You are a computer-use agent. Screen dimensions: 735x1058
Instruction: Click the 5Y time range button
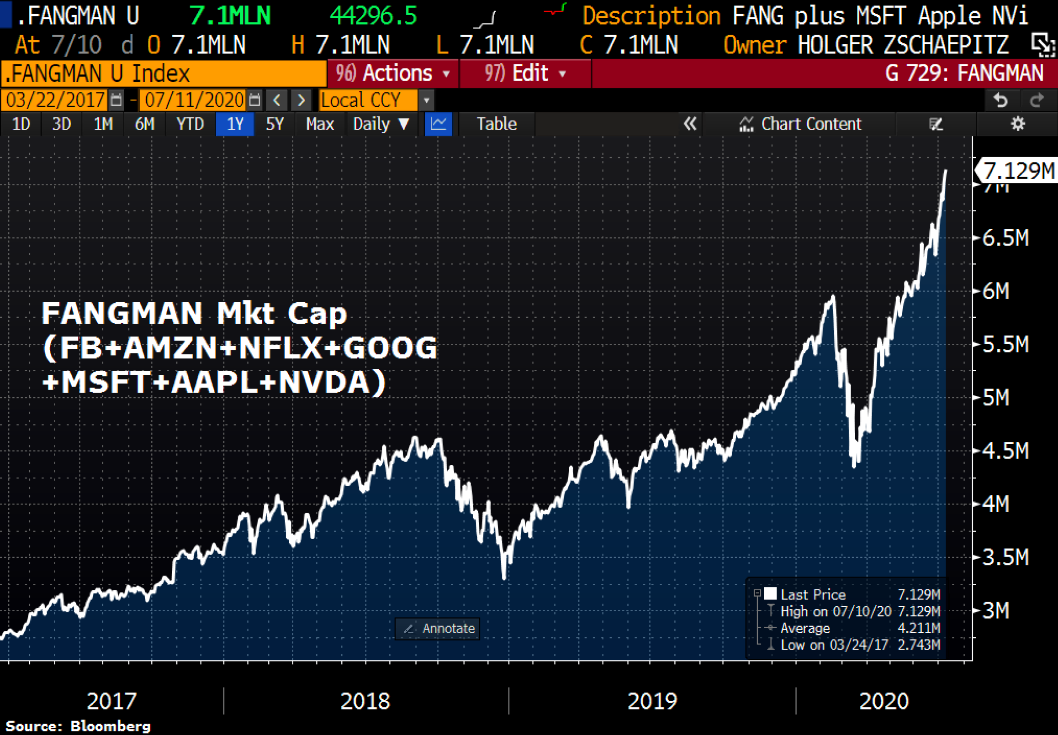[275, 124]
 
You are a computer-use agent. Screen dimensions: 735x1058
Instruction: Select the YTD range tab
[190, 124]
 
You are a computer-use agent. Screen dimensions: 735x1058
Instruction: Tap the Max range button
[320, 124]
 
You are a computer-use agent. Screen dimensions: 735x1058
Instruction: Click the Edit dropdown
[525, 73]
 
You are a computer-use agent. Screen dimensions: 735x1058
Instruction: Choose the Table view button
[496, 124]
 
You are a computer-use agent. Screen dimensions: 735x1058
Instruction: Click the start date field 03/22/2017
[55, 100]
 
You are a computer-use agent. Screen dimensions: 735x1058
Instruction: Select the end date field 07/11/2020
[194, 100]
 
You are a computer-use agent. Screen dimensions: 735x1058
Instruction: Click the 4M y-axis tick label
[995, 504]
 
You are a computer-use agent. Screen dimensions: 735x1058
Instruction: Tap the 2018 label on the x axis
[365, 701]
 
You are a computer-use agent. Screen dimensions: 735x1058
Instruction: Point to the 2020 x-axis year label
[884, 701]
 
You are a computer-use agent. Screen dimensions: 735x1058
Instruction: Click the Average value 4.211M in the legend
[918, 628]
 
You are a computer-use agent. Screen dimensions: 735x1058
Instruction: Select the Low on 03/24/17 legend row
[834, 645]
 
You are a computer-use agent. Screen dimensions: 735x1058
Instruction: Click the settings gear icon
[1017, 124]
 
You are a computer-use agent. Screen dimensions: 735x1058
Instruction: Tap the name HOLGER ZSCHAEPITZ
[903, 45]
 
